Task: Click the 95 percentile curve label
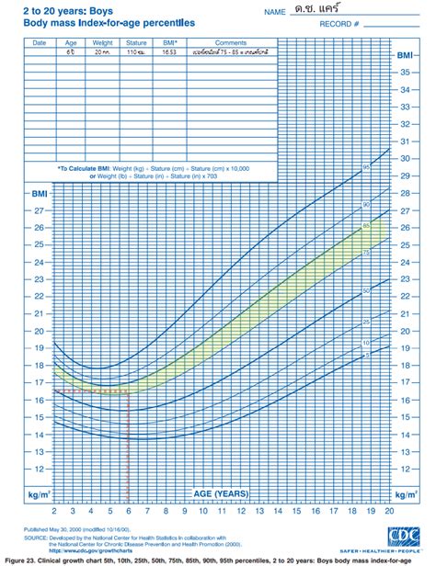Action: click(365, 167)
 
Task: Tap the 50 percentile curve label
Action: click(365, 290)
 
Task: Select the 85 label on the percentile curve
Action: click(365, 224)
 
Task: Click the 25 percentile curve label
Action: click(365, 322)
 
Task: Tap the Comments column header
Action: click(229, 43)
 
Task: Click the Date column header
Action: click(39, 43)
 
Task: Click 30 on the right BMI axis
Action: click(405, 158)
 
